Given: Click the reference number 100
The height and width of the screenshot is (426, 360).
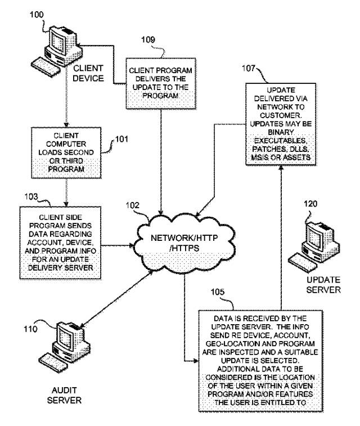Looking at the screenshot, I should pos(34,10).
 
